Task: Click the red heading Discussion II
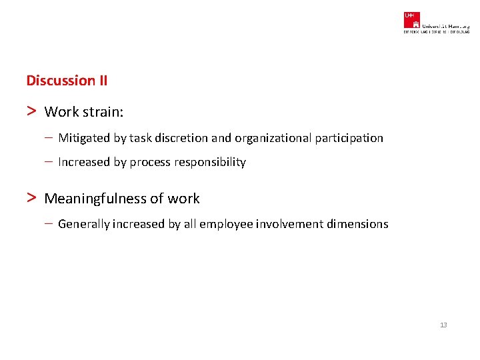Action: [67, 81]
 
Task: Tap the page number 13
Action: [443, 325]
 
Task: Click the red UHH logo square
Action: [411, 19]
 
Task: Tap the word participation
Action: [347, 138]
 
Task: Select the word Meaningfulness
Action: [96, 199]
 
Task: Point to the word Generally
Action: [83, 224]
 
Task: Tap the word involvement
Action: [290, 224]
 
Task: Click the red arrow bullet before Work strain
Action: [31, 111]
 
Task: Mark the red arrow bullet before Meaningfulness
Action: [31, 198]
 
